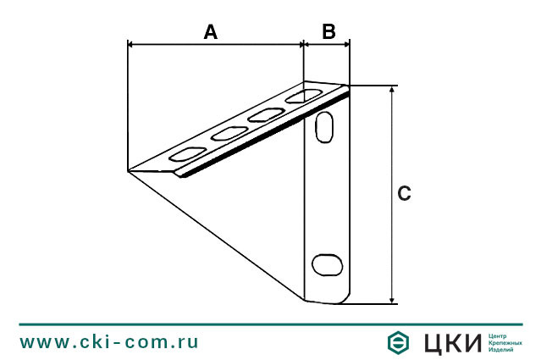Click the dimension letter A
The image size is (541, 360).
(211, 32)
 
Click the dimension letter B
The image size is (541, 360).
(328, 31)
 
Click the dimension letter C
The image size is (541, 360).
(404, 193)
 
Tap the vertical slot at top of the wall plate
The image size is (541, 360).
(324, 127)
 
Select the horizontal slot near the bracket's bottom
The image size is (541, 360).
(327, 265)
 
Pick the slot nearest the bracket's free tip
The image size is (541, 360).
(187, 154)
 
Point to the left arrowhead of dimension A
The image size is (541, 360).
(130, 44)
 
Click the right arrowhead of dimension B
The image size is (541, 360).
(347, 44)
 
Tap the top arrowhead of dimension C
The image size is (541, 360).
(392, 89)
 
